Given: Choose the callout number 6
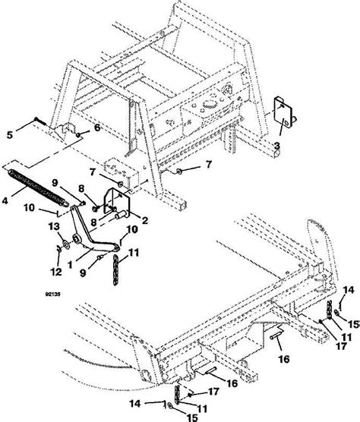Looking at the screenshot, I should click(x=96, y=128).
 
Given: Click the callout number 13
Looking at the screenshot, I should click(x=52, y=225).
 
